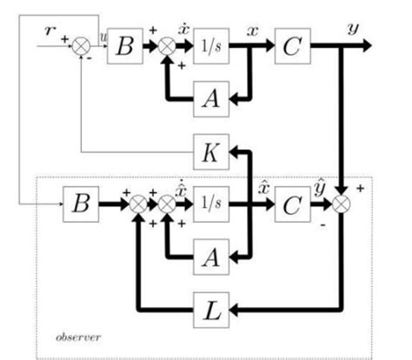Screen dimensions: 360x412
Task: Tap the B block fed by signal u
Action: pyautogui.click(x=124, y=52)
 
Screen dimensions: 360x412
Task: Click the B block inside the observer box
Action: pyautogui.click(x=81, y=207)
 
